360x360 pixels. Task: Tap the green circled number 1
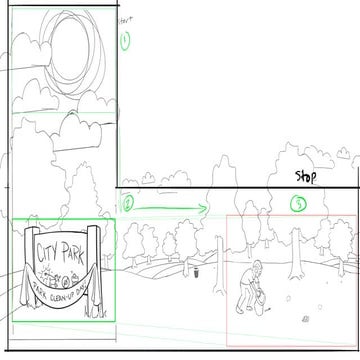[x=125, y=41]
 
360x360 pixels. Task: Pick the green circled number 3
[x=299, y=205]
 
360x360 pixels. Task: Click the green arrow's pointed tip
[x=207, y=209]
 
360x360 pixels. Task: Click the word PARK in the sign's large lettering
[x=73, y=248]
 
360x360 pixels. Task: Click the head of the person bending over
[x=256, y=267]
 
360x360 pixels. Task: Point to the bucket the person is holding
[x=259, y=298]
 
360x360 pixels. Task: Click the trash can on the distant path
[x=196, y=270]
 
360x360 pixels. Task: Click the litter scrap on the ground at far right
[x=305, y=318]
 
